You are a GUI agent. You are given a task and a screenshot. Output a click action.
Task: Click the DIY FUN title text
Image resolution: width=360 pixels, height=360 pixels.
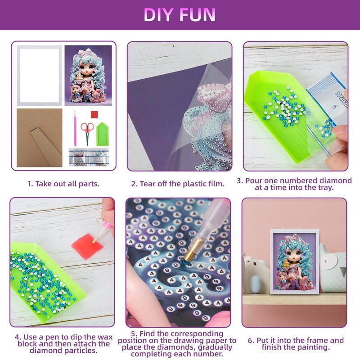click(180, 15)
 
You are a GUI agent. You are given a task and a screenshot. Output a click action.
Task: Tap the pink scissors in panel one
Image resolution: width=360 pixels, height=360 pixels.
click(87, 133)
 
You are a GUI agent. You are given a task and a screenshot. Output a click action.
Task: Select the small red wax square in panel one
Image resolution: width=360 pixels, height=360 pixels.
click(94, 114)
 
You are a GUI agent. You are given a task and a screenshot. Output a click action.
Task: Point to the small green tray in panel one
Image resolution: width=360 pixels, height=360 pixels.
click(103, 134)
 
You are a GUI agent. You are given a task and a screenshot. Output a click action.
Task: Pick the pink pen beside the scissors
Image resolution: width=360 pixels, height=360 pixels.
click(75, 129)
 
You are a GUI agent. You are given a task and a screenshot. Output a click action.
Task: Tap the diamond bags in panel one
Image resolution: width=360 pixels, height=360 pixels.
click(89, 157)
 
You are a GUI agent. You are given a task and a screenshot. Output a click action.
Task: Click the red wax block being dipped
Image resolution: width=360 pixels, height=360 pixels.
click(87, 246)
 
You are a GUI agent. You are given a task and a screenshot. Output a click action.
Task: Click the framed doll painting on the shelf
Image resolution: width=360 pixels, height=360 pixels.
click(295, 261)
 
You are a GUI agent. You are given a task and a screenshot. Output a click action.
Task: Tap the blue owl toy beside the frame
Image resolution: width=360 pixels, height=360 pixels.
click(333, 269)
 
